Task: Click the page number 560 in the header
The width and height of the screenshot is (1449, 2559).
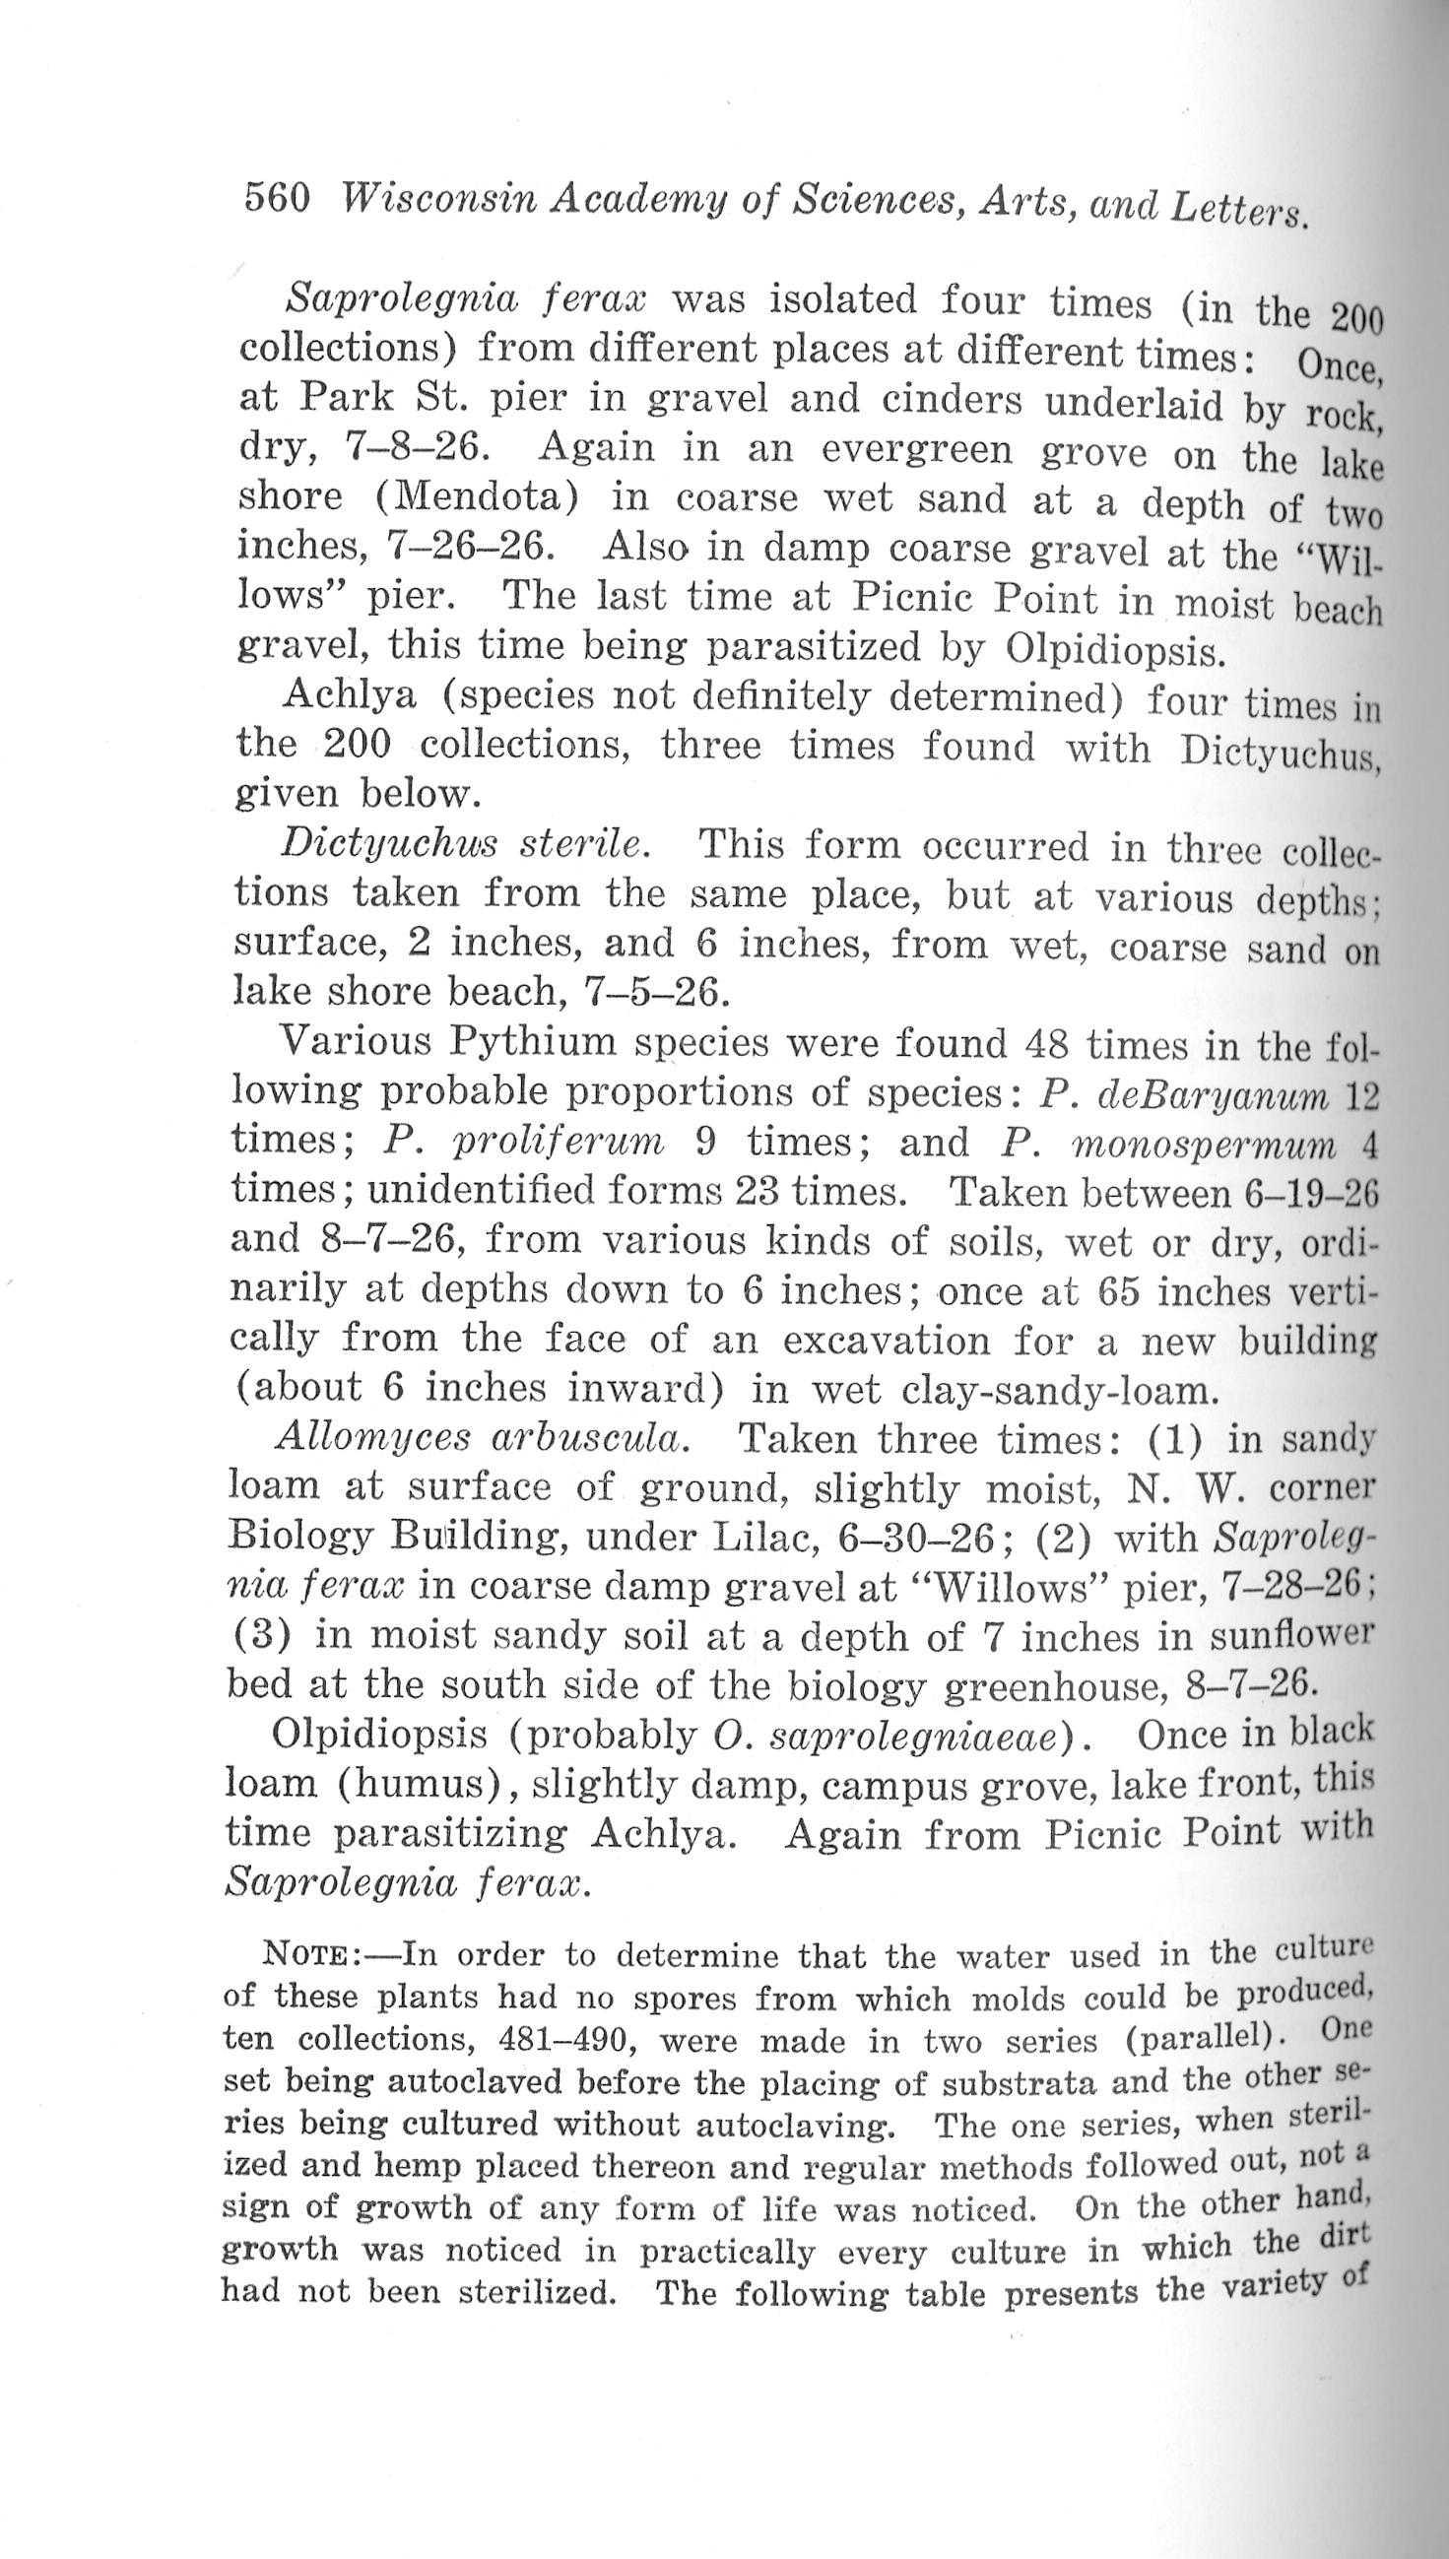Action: coord(278,198)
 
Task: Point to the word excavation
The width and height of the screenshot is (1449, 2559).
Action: coord(887,1341)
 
